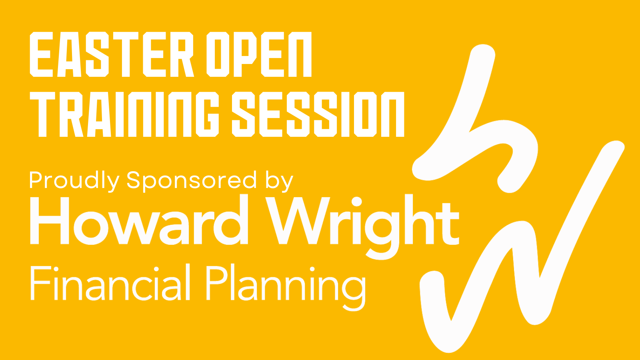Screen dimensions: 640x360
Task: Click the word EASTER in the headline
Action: tap(112, 54)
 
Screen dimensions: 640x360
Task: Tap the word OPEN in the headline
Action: tap(259, 54)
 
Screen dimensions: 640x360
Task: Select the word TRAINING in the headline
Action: tap(124, 114)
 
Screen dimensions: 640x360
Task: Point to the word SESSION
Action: tap(318, 114)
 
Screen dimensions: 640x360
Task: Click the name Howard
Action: tap(139, 220)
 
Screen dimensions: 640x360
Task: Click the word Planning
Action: tap(286, 287)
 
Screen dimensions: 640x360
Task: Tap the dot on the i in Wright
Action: tap(356, 202)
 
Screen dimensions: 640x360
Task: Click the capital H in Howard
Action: tap(50, 220)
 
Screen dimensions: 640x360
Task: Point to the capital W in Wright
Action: tap(298, 220)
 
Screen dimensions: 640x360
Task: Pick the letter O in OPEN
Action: tap(218, 54)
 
